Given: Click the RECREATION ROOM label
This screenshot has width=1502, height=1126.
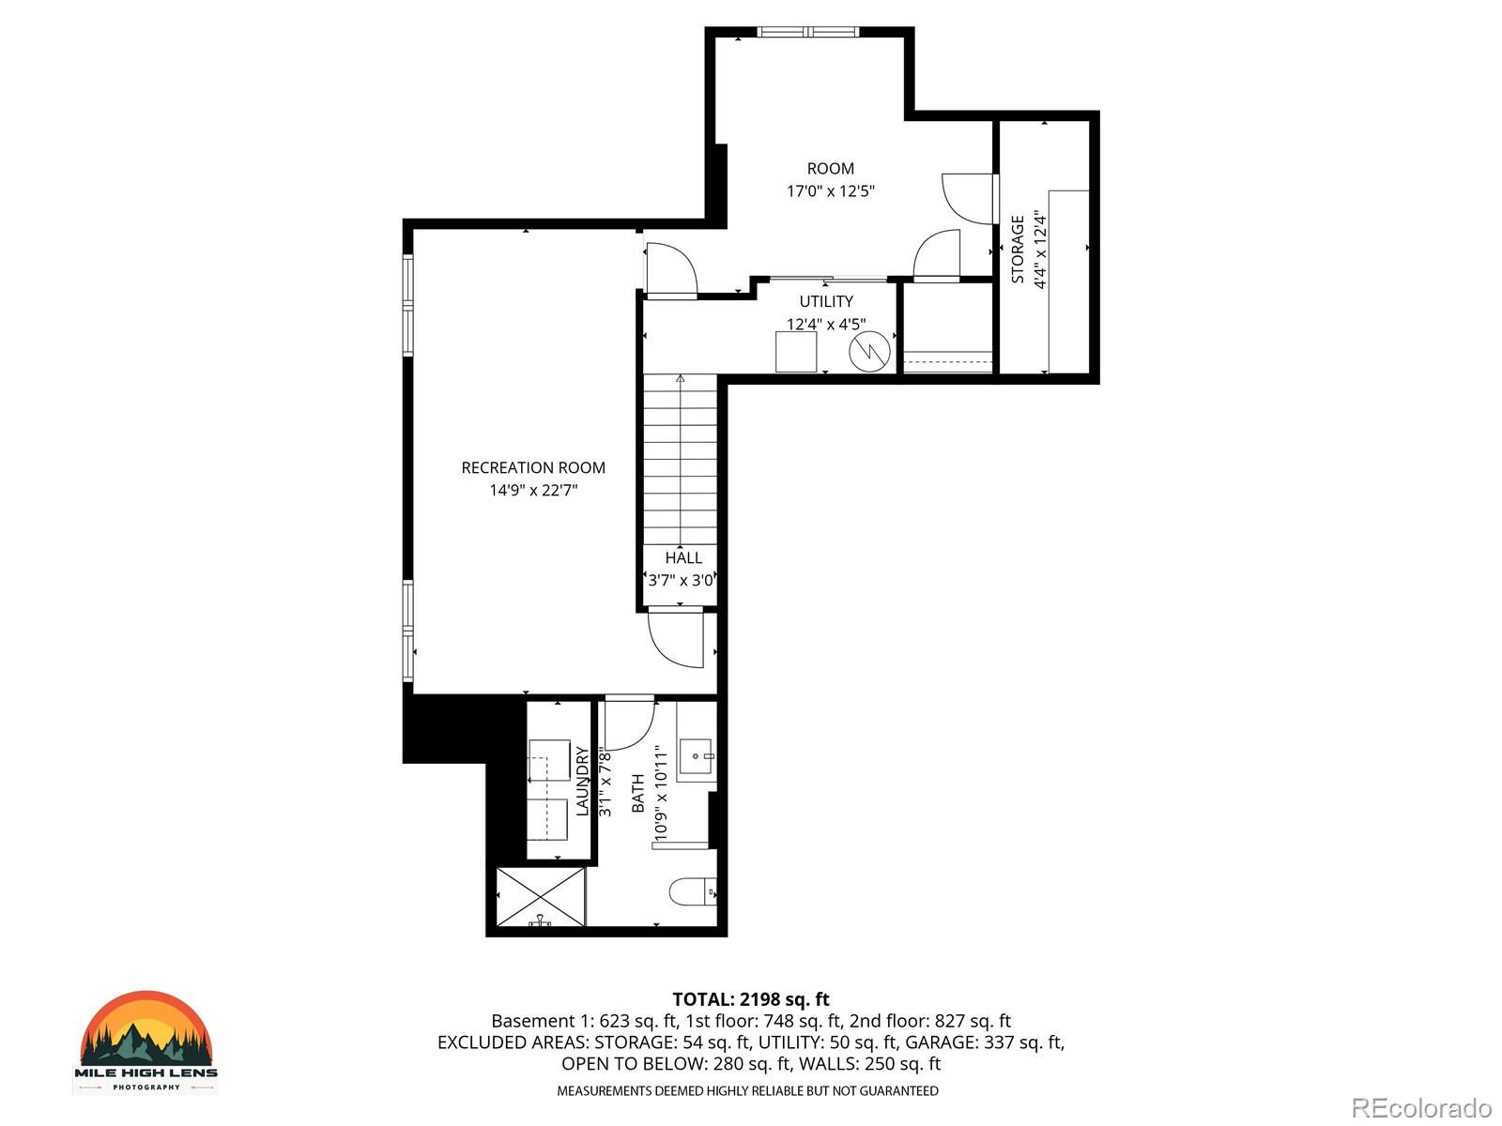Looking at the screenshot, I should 533,467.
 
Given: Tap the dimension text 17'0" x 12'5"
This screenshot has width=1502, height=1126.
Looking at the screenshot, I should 831,191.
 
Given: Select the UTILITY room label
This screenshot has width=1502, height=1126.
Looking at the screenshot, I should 826,301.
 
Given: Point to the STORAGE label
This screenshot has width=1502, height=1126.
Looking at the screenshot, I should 1019,250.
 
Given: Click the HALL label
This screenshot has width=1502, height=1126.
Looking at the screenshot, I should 683,557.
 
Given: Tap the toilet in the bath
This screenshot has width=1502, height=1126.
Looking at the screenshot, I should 694,890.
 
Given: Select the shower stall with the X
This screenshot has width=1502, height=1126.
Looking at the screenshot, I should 541,897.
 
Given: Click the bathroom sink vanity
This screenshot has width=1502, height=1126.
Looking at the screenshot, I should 697,754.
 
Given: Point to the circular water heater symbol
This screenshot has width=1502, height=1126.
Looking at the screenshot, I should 869,352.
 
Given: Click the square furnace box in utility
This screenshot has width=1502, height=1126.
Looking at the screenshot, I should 796,352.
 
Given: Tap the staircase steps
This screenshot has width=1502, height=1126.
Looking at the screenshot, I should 680,460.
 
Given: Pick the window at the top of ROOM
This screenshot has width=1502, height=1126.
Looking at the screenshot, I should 808,32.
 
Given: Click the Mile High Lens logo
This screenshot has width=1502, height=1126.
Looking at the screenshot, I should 146,1042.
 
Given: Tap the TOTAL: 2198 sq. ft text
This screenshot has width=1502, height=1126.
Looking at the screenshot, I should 751,999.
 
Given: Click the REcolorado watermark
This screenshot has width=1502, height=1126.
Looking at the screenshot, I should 1421,1108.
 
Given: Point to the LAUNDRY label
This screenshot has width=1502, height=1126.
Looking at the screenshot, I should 582,781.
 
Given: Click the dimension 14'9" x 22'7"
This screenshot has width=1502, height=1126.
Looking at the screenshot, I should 533,490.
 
